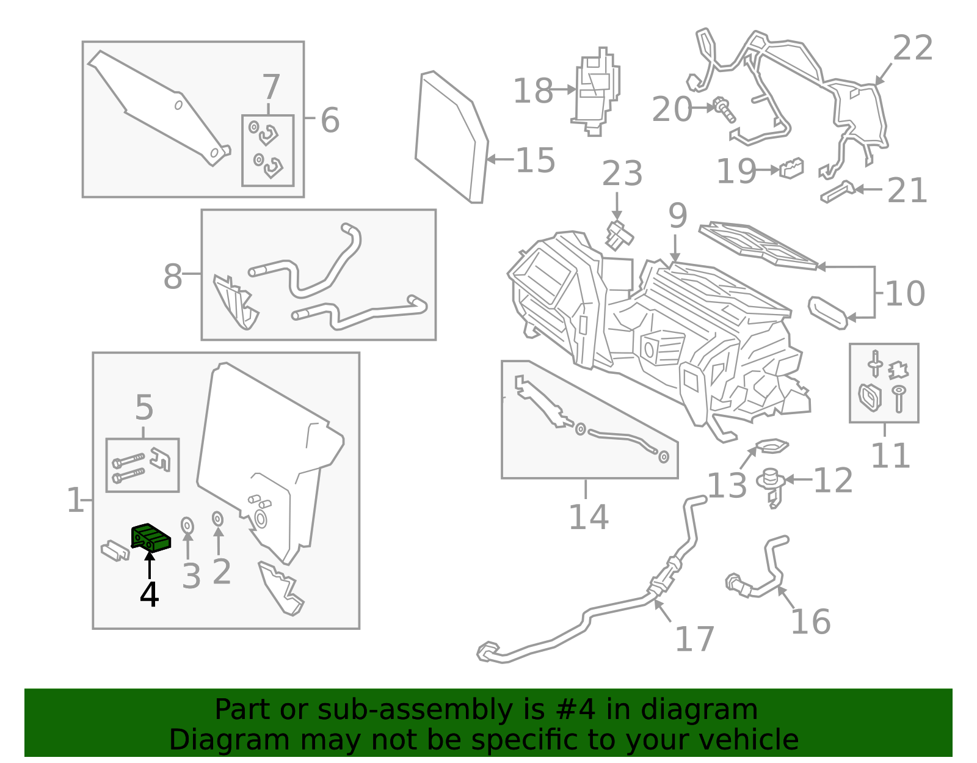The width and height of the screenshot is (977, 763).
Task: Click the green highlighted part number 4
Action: (151, 537)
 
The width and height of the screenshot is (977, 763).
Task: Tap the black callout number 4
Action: (149, 594)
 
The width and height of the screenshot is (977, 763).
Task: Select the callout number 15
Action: (536, 161)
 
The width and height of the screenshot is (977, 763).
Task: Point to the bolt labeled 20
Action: (724, 109)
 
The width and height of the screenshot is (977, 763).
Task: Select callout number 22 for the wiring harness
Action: (912, 48)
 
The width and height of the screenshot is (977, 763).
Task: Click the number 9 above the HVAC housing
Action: (677, 216)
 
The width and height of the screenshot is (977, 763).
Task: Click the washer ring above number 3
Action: (187, 525)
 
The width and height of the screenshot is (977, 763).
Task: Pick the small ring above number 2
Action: (217, 519)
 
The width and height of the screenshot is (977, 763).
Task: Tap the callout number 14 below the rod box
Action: (588, 517)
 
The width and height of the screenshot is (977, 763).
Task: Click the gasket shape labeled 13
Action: (772, 446)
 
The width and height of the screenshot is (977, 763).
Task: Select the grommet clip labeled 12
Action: (771, 484)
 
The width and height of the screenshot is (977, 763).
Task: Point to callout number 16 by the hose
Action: (810, 622)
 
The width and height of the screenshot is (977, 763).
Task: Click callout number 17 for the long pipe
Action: (694, 639)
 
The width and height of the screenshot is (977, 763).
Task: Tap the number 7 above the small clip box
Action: (271, 87)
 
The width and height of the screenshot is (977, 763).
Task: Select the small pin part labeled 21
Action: (837, 192)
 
